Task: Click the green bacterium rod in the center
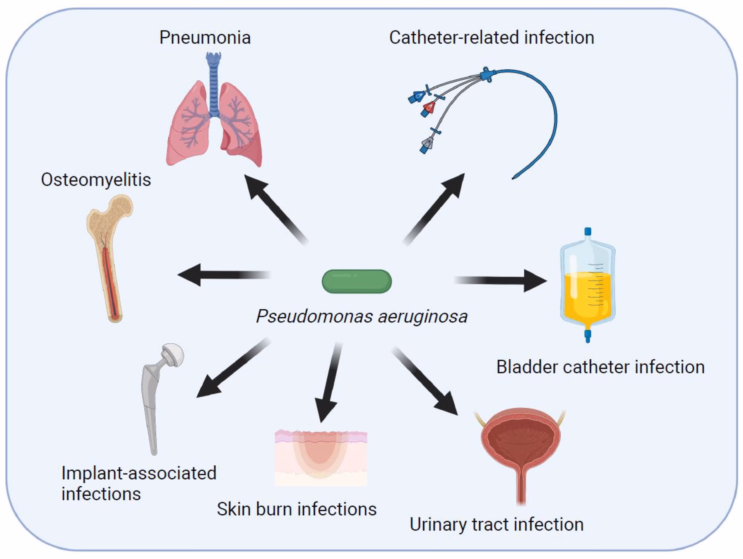pyautogui.click(x=356, y=281)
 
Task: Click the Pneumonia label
pyautogui.click(x=205, y=38)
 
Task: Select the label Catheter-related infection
pyautogui.click(x=491, y=38)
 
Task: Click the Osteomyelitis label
pyautogui.click(x=96, y=180)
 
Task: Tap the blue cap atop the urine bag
pyautogui.click(x=587, y=232)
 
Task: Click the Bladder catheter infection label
pyautogui.click(x=600, y=367)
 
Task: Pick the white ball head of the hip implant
pyautogui.click(x=173, y=354)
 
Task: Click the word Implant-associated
pyautogui.click(x=139, y=473)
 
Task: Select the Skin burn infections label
pyautogui.click(x=296, y=509)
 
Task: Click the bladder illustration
pyautogui.click(x=521, y=445)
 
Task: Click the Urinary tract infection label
pyautogui.click(x=496, y=525)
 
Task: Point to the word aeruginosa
pyautogui.click(x=423, y=316)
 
